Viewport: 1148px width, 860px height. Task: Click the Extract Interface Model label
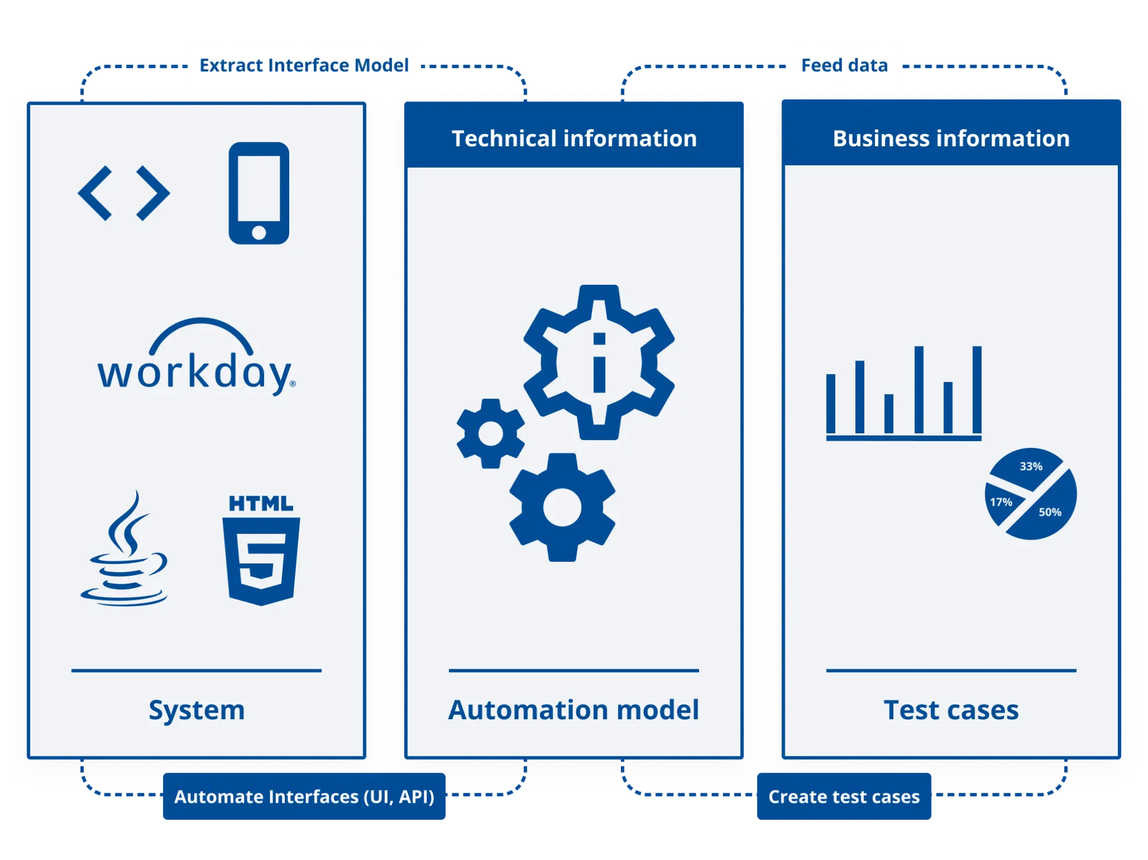pyautogui.click(x=303, y=66)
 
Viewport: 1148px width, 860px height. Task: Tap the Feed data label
pyautogui.click(x=844, y=66)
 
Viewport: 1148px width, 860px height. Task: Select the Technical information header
pyautogui.click(x=574, y=138)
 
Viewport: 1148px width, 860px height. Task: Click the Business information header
pyautogui.click(x=951, y=138)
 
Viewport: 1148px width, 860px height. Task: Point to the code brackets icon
pyautogui.click(x=123, y=193)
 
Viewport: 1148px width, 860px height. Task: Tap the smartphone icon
pyautogui.click(x=259, y=193)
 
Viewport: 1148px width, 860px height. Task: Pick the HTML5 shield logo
pyautogui.click(x=261, y=552)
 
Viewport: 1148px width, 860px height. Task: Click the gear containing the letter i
pyautogui.click(x=599, y=362)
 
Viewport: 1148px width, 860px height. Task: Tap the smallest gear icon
pyautogui.click(x=490, y=433)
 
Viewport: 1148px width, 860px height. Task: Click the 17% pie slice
pyautogui.click(x=1001, y=502)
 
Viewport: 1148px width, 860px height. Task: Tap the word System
pyautogui.click(x=196, y=710)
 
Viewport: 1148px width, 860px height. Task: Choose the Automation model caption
pyautogui.click(x=573, y=710)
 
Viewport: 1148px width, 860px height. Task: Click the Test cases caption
pyautogui.click(x=951, y=710)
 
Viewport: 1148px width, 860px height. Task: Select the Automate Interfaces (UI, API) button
pyautogui.click(x=304, y=797)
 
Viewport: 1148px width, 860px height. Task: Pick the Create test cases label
pyautogui.click(x=844, y=797)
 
